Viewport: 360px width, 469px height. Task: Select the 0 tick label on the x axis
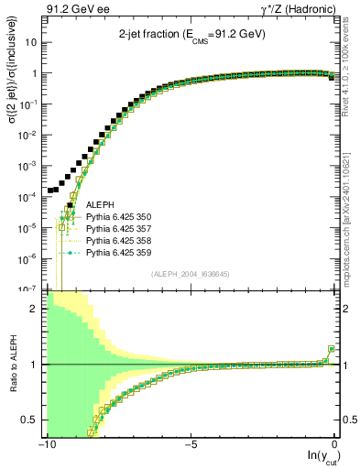(x=335, y=444)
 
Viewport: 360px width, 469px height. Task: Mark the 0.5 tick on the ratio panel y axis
(x=33, y=420)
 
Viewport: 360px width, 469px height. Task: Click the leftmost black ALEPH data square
(x=51, y=191)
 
